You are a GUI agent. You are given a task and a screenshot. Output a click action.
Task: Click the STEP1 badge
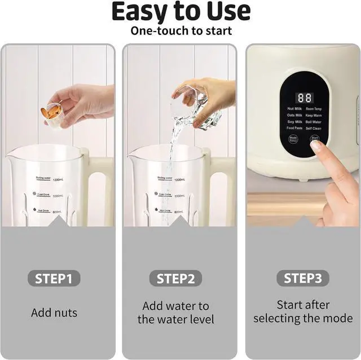pos(54,278)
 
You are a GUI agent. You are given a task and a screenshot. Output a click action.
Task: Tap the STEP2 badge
pos(175,278)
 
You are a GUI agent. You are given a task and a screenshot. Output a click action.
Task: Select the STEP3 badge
pos(303,278)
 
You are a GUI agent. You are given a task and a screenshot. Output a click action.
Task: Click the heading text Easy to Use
pos(180,11)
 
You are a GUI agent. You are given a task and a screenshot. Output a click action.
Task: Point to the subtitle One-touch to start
pos(180,30)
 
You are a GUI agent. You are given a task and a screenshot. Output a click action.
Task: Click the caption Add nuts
pos(54,313)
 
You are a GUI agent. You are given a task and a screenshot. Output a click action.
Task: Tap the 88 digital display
pos(305,98)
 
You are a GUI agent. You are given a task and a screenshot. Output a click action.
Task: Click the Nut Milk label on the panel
pos(294,108)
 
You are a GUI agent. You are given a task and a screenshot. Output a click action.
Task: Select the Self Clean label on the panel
pos(314,128)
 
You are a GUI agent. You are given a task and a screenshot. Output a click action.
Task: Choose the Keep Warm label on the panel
pos(314,115)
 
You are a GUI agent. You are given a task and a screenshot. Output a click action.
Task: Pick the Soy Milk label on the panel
pos(294,122)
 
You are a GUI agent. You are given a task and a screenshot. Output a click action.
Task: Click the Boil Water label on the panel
pos(314,122)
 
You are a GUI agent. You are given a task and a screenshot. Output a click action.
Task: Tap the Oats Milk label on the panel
pos(294,115)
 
